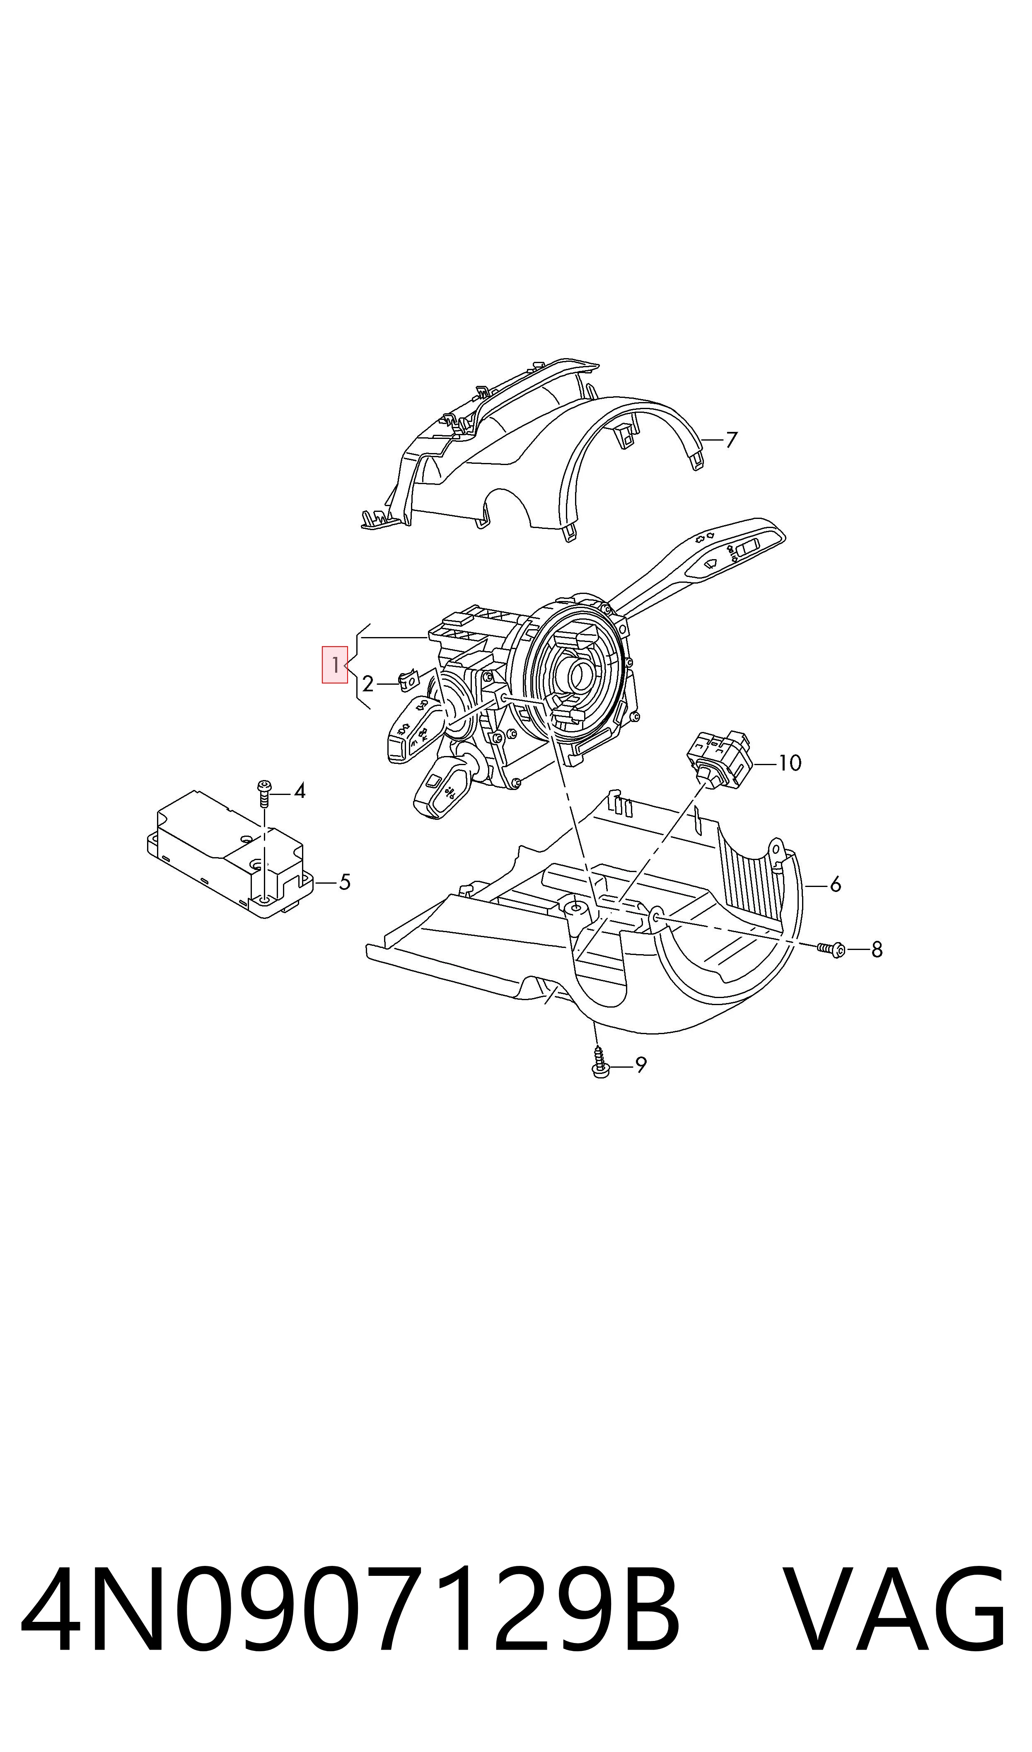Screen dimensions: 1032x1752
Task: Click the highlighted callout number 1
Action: pos(334,665)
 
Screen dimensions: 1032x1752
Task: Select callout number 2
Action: pos(368,684)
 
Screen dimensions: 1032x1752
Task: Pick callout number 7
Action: pos(731,440)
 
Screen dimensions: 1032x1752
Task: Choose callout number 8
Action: pos(877,950)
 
